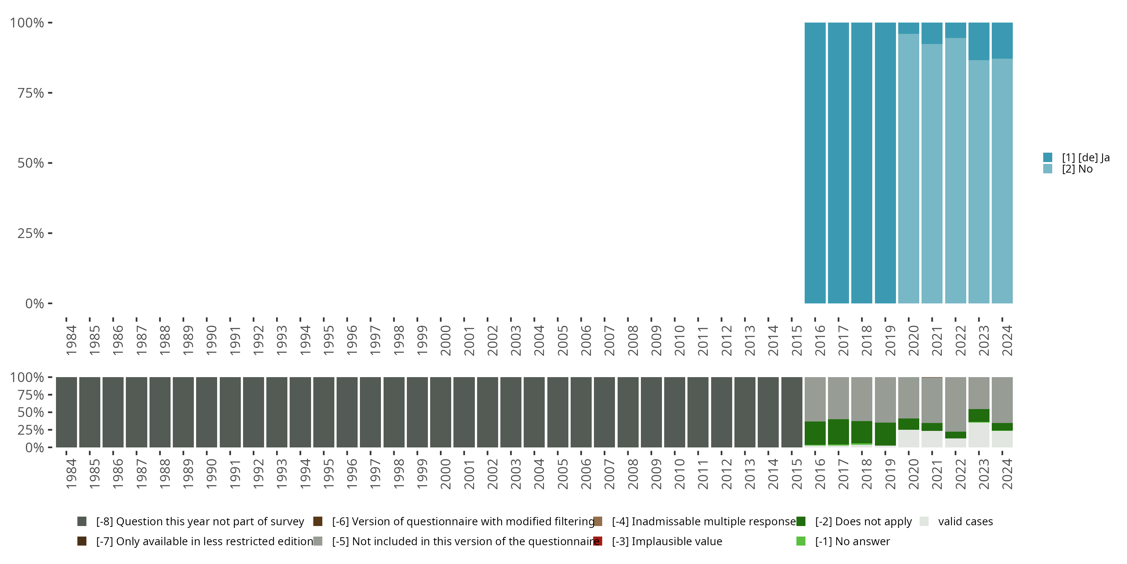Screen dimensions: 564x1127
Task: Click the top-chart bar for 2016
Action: click(x=815, y=163)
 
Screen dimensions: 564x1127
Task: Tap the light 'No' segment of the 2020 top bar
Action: click(x=909, y=168)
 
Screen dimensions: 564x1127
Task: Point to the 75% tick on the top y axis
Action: click(x=50, y=93)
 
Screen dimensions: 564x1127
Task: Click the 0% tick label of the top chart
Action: click(x=35, y=303)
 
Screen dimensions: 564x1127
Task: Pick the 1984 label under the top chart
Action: click(x=71, y=340)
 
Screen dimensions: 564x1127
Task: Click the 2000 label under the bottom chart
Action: click(x=446, y=474)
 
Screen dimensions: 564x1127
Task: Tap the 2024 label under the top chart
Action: click(x=1007, y=340)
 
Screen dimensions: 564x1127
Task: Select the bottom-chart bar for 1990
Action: click(x=207, y=412)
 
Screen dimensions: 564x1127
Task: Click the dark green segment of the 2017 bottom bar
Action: click(x=838, y=432)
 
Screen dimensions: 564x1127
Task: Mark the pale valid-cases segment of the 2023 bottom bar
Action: click(x=979, y=435)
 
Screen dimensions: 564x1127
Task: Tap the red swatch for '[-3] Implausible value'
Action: click(x=598, y=541)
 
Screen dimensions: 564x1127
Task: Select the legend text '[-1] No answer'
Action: click(x=852, y=541)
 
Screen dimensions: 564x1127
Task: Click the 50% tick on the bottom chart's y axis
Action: click(x=50, y=412)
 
